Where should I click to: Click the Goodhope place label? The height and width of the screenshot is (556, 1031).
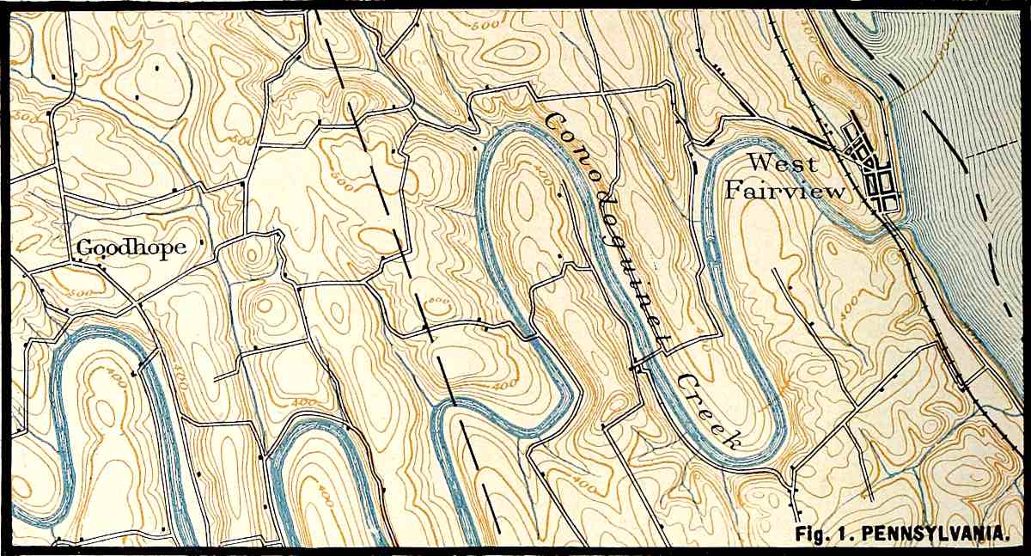tap(131, 247)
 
